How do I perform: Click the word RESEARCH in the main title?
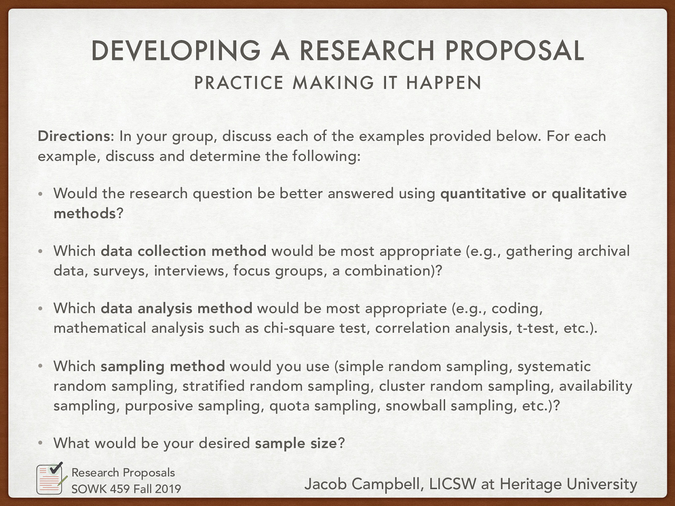coord(367,51)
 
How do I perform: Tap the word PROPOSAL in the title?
coord(514,51)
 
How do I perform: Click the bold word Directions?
coord(74,136)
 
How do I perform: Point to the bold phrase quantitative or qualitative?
coord(533,194)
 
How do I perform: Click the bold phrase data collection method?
coord(184,251)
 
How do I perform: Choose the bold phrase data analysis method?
coord(176,308)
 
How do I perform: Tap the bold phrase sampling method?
coord(162,366)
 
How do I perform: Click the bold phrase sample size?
coord(296,443)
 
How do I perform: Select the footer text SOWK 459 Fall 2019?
coord(126,489)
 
